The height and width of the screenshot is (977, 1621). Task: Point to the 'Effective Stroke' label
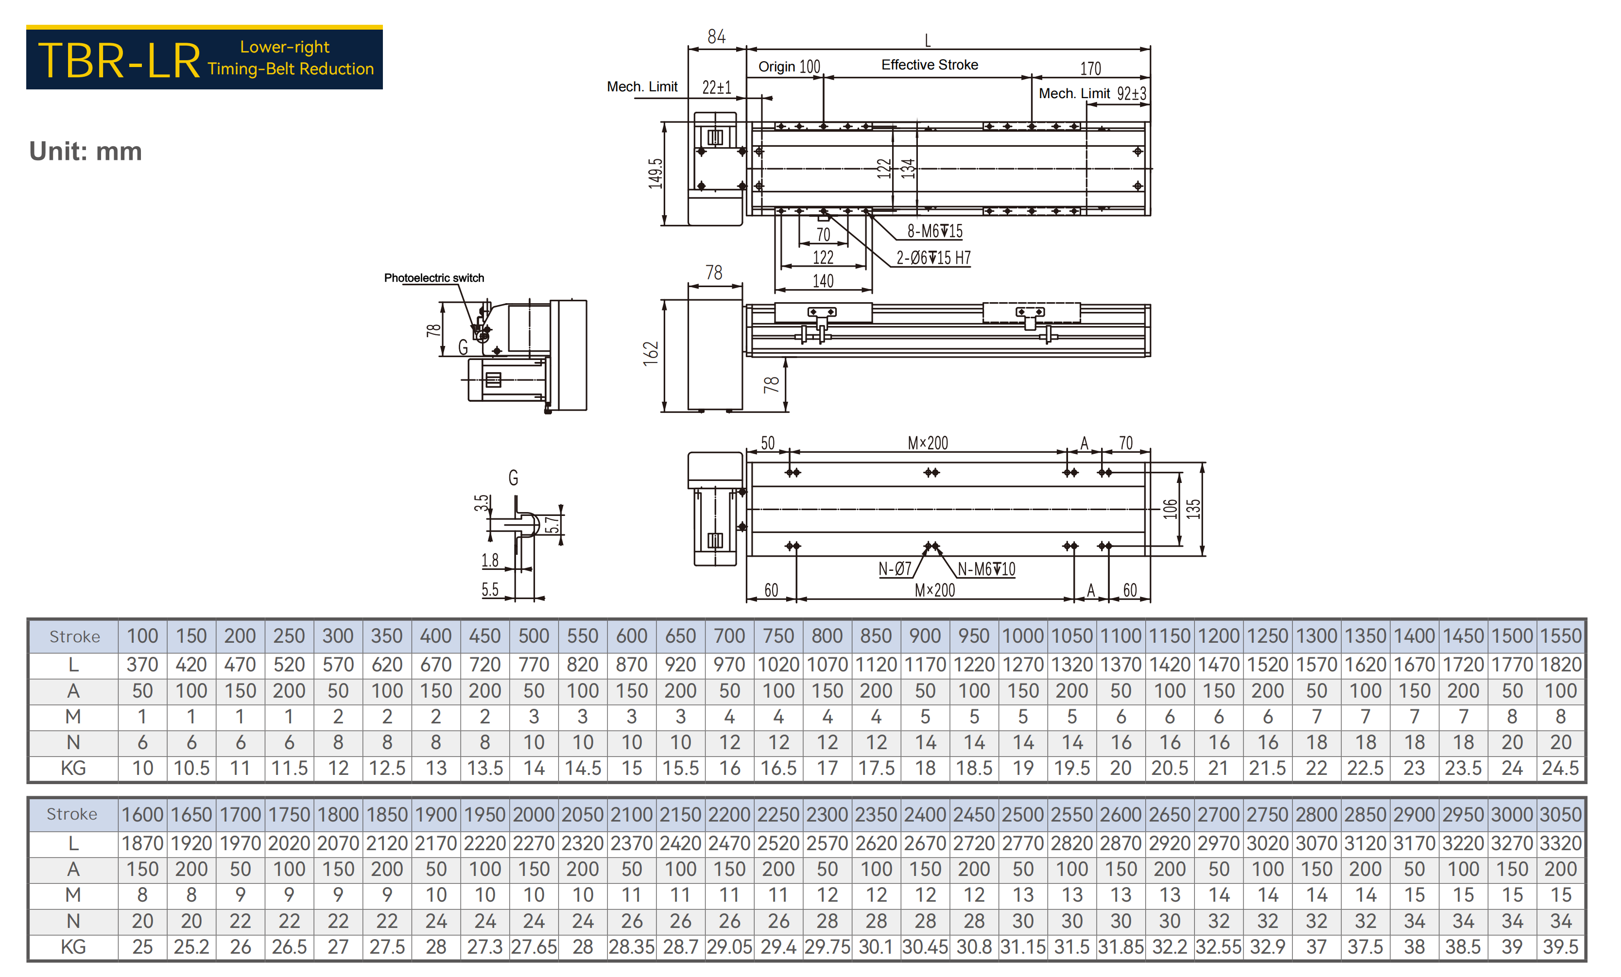pyautogui.click(x=930, y=65)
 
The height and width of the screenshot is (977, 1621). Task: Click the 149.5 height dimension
pyautogui.click(x=655, y=174)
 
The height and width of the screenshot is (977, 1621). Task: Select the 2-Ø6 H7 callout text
pyautogui.click(x=933, y=258)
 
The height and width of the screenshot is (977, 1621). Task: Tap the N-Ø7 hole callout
pyautogui.click(x=895, y=569)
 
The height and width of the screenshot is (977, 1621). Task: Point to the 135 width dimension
pyautogui.click(x=1193, y=509)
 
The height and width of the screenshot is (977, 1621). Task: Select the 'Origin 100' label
pyautogui.click(x=790, y=67)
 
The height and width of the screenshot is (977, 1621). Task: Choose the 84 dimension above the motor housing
pyautogui.click(x=716, y=37)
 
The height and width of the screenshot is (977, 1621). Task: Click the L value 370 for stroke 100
pyautogui.click(x=143, y=665)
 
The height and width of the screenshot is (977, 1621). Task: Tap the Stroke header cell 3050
pyautogui.click(x=1560, y=815)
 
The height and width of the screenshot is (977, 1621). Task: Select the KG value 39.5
pyautogui.click(x=1560, y=947)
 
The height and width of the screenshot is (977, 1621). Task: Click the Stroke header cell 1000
pyautogui.click(x=1023, y=636)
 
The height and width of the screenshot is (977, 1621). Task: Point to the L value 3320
pyautogui.click(x=1560, y=843)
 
